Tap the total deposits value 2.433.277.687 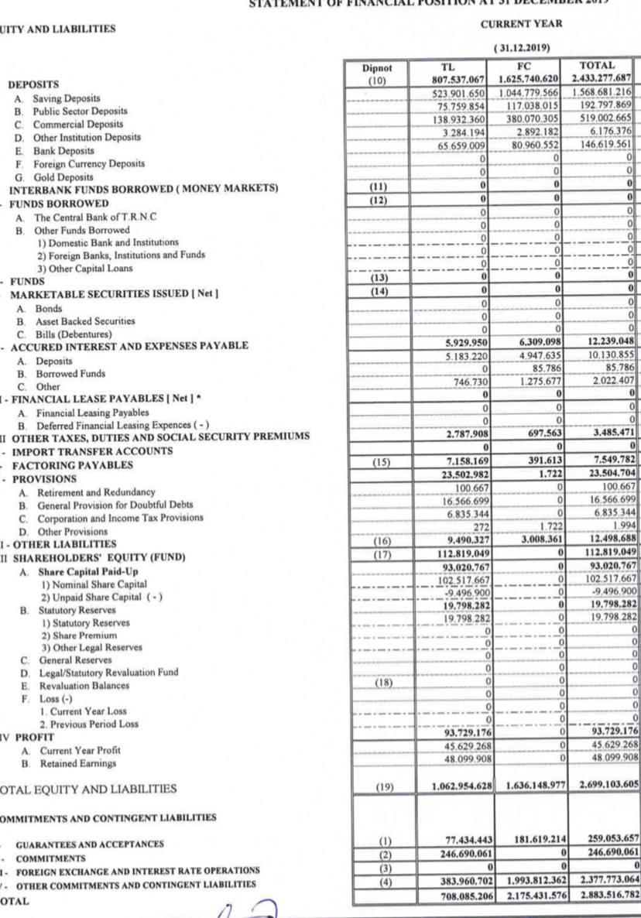[x=600, y=78]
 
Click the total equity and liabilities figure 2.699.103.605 [x=598, y=787]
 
